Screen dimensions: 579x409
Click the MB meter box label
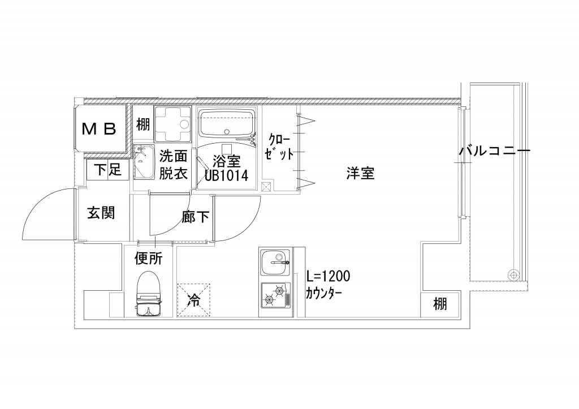[99, 128]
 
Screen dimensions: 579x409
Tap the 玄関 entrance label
[101, 213]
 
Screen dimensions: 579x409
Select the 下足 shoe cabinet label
[107, 170]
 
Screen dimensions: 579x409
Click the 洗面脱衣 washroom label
[173, 165]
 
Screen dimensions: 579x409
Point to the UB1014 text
[226, 175]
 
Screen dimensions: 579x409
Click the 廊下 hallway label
[195, 217]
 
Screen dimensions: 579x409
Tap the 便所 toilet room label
[149, 259]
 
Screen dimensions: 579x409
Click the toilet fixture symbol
[149, 295]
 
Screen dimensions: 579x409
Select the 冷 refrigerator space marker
[193, 300]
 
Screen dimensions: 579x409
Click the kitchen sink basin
[275, 262]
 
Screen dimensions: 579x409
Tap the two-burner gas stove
[276, 295]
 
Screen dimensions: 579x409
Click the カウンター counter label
[323, 294]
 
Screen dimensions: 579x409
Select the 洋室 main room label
[360, 173]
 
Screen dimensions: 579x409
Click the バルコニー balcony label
[495, 150]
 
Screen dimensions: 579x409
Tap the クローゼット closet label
[279, 147]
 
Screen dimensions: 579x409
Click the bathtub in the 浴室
[226, 123]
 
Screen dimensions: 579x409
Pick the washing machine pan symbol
[172, 124]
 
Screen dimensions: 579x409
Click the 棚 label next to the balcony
[440, 304]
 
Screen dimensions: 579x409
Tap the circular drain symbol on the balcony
[512, 274]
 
